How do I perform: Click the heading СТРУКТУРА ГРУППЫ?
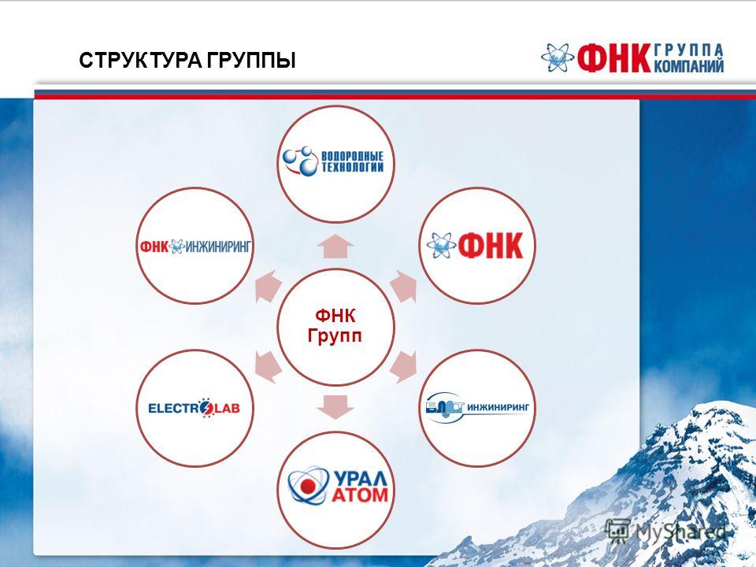tap(187, 61)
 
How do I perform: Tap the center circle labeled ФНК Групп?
tap(335, 327)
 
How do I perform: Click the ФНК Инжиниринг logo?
tap(195, 246)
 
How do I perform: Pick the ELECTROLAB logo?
tap(195, 409)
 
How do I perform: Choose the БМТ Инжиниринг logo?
tap(477, 409)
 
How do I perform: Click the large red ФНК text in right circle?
tap(491, 246)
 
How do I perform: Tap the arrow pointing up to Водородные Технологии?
tap(335, 246)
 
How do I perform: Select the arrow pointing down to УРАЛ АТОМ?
tap(335, 407)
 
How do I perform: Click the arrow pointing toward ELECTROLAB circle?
tap(268, 367)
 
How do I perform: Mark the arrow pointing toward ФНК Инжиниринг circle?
tap(268, 287)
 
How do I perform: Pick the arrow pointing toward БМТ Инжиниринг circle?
tap(403, 367)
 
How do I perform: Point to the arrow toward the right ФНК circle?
tap(403, 287)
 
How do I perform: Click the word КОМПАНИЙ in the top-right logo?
tap(690, 65)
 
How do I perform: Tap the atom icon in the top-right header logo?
tap(558, 57)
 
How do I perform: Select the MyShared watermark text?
tap(680, 532)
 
